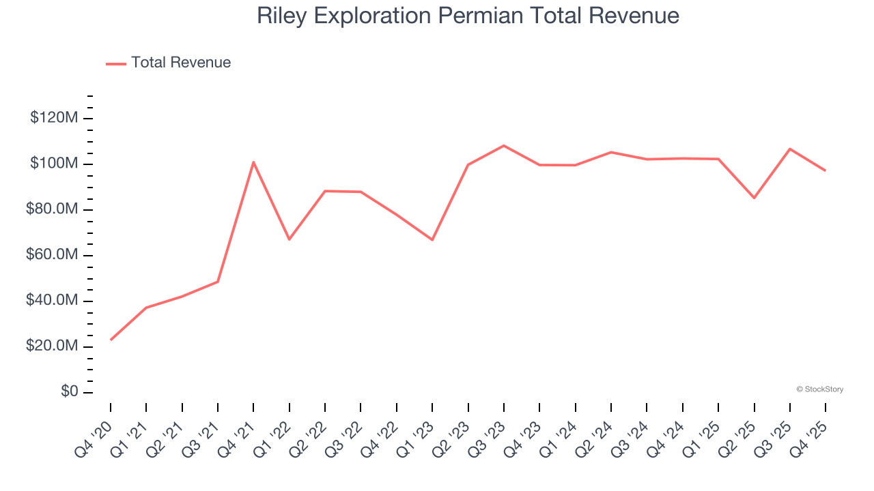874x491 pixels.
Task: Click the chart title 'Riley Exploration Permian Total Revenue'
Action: [x=468, y=16]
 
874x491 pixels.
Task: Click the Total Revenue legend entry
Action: [x=169, y=63]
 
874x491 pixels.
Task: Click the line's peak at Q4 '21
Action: [x=253, y=162]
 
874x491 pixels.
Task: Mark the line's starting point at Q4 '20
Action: [x=111, y=340]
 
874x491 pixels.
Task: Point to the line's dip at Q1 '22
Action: [x=289, y=239]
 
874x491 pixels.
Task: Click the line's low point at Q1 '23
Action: [x=432, y=240]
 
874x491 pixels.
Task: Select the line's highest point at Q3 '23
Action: [x=504, y=145]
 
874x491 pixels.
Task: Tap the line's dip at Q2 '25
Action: [x=754, y=198]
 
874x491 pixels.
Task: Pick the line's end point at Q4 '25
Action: [x=826, y=170]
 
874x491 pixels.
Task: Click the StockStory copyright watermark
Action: [x=819, y=389]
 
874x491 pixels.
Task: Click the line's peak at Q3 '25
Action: [x=790, y=149]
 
